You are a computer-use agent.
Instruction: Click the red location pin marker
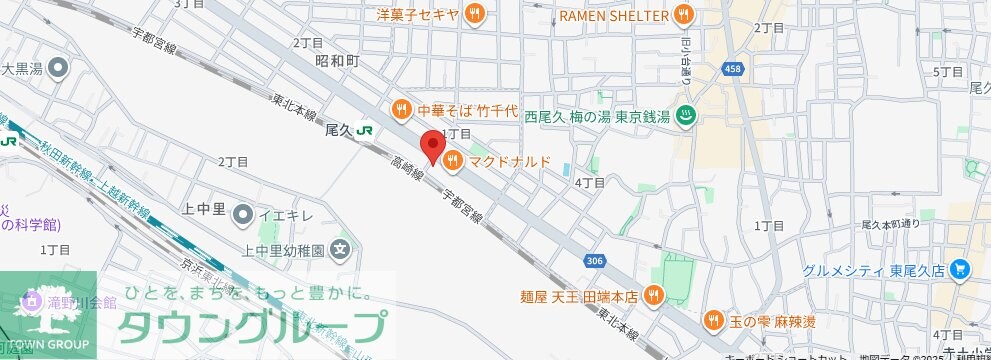[x=432, y=146]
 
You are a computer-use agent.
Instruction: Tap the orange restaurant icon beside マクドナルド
[x=452, y=160]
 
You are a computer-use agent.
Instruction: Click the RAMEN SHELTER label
[x=614, y=13]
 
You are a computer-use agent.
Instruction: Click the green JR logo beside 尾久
[x=366, y=130]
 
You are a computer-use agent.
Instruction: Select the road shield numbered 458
[x=733, y=68]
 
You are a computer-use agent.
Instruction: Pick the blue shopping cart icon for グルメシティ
[x=960, y=269]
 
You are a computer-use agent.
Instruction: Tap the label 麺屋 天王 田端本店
[x=578, y=294]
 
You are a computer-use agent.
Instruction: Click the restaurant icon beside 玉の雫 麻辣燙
[x=714, y=320]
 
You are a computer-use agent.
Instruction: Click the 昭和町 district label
[x=336, y=61]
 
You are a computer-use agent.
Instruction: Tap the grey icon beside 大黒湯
[x=57, y=69]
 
